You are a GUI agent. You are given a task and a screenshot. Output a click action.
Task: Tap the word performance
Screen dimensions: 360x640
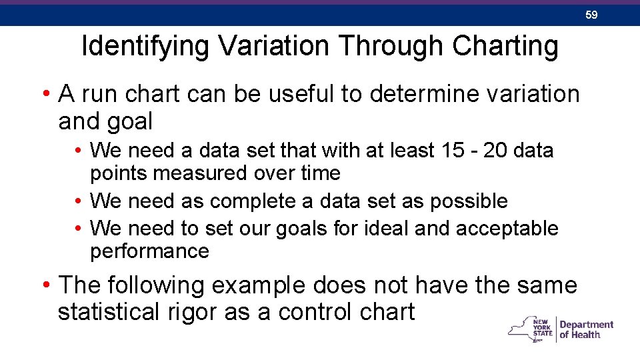(x=149, y=251)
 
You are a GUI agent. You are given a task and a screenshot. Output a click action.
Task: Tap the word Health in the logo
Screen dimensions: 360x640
(x=587, y=335)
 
